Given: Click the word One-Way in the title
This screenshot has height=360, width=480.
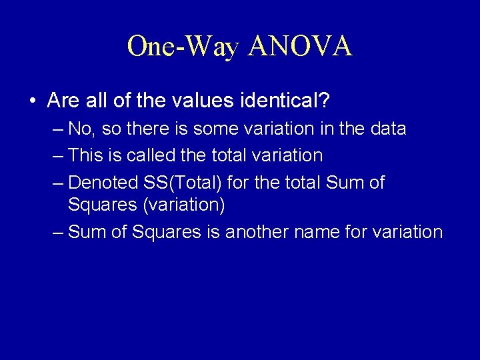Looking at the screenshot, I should point(183,47).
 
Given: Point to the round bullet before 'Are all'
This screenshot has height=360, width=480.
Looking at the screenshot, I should point(33,101).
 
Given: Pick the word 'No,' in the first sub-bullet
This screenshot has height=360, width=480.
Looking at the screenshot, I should point(81,128).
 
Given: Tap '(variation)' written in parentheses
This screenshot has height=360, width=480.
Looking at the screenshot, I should point(184,204).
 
